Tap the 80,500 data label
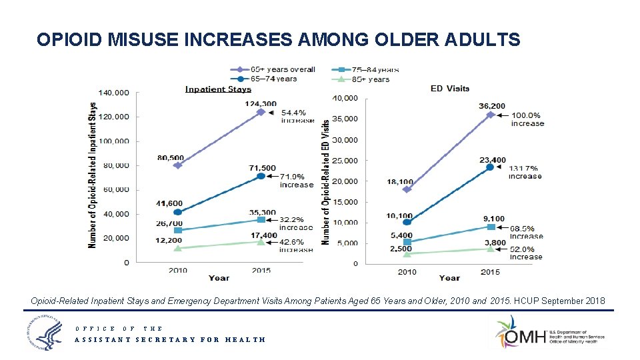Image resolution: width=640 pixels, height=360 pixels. [171, 157]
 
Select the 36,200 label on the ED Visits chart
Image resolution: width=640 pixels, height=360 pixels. [491, 105]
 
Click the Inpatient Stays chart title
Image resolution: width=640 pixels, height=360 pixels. [218, 89]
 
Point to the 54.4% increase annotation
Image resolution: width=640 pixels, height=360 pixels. [297, 116]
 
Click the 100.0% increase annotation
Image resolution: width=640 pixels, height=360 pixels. [527, 119]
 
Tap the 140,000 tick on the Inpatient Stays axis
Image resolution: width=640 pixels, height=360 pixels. [113, 93]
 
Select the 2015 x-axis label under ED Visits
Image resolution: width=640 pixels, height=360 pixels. [490, 272]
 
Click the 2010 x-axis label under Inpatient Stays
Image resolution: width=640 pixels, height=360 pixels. [177, 271]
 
